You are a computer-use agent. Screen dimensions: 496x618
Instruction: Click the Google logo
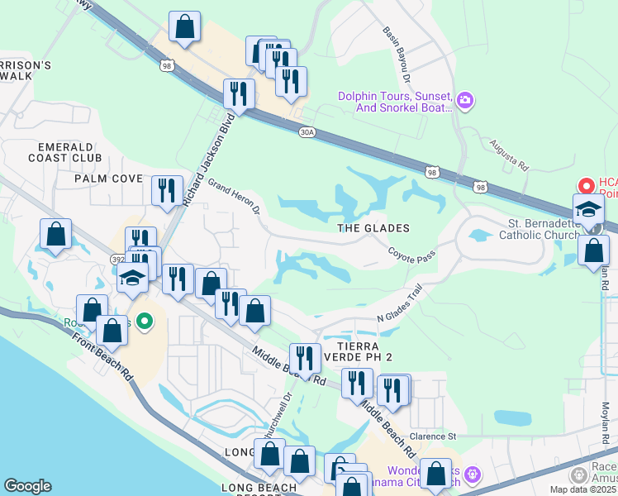click(27, 486)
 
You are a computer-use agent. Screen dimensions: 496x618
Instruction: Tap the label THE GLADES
click(373, 228)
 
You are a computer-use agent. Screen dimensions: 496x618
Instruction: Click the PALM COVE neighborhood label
click(109, 179)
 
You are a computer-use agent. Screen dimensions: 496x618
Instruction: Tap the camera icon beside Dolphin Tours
click(465, 102)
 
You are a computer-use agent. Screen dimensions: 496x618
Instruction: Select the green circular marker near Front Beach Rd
click(145, 321)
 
